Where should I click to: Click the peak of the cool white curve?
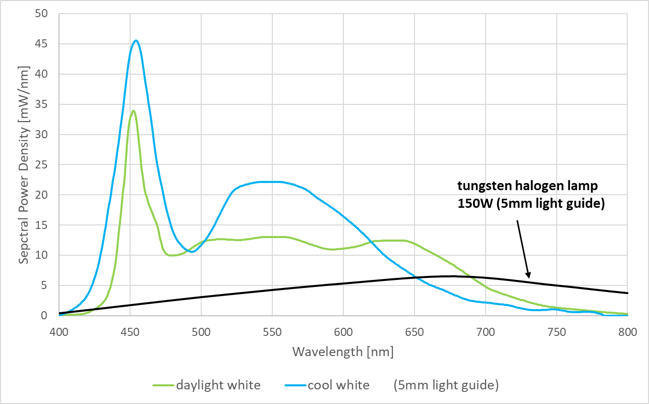tap(135, 41)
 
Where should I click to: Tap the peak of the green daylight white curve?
tap(133, 110)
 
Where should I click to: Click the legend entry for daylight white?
tap(207, 386)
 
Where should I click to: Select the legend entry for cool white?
tap(327, 386)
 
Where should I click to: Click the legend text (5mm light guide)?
tap(446, 386)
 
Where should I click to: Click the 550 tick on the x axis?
tap(272, 331)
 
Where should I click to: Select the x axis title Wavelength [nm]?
tap(343, 352)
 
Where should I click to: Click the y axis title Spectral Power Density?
tap(23, 164)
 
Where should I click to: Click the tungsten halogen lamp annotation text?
tap(527, 186)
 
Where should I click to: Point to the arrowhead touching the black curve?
tap(528, 276)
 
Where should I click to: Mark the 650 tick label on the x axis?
tap(415, 331)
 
